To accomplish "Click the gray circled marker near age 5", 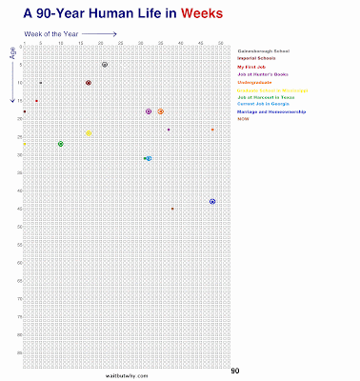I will coord(105,65).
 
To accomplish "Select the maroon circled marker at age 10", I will coord(89,83).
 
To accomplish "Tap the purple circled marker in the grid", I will coord(149,111).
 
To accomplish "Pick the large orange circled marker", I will coord(161,111).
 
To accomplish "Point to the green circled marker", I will coord(61,144).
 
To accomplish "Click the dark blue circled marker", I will coord(212,202).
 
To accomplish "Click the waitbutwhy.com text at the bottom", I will coord(128,374).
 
